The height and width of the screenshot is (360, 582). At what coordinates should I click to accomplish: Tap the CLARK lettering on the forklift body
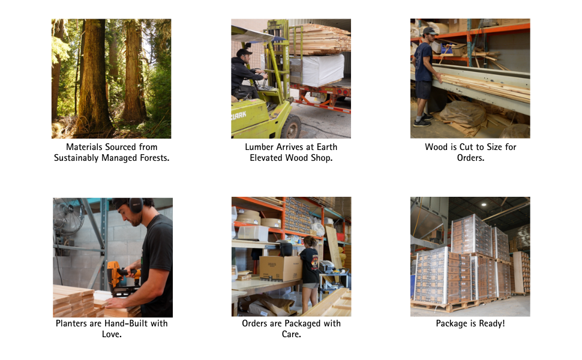click(239, 115)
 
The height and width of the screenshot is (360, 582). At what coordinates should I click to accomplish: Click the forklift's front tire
click(292, 127)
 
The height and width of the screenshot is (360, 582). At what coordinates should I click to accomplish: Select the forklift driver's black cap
click(244, 52)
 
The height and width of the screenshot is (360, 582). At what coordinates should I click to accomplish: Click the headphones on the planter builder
click(136, 205)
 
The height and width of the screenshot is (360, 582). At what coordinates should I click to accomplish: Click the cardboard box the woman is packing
click(281, 268)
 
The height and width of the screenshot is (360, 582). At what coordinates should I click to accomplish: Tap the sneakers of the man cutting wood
click(423, 120)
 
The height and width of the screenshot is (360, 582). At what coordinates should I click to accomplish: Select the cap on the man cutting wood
click(430, 31)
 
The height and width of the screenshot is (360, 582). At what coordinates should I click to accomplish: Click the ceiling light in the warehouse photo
click(484, 204)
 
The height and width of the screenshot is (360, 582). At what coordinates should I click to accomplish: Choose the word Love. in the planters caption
click(112, 334)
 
